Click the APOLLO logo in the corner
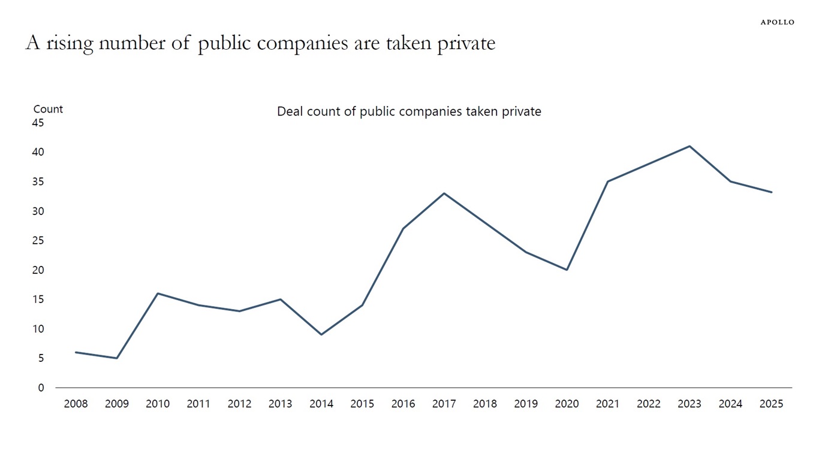pyautogui.click(x=777, y=22)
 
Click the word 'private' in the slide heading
pyautogui.click(x=466, y=43)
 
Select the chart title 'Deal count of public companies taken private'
pyautogui.click(x=409, y=111)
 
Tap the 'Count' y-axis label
pyautogui.click(x=48, y=109)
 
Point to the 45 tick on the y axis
pyautogui.click(x=38, y=123)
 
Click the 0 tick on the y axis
pyautogui.click(x=41, y=388)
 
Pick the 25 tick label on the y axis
pyautogui.click(x=38, y=240)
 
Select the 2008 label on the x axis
pyautogui.click(x=76, y=404)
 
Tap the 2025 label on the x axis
pyautogui.click(x=771, y=404)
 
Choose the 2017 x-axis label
pyautogui.click(x=444, y=404)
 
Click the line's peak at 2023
pyautogui.click(x=689, y=146)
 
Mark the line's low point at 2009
pyautogui.click(x=116, y=358)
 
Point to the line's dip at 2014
pyautogui.click(x=321, y=334)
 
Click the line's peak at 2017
pyautogui.click(x=444, y=193)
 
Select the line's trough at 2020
pyautogui.click(x=567, y=270)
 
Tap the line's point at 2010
pyautogui.click(x=158, y=293)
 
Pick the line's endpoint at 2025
pyautogui.click(x=771, y=192)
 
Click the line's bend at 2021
pyautogui.click(x=607, y=181)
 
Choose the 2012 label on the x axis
pyautogui.click(x=239, y=404)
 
